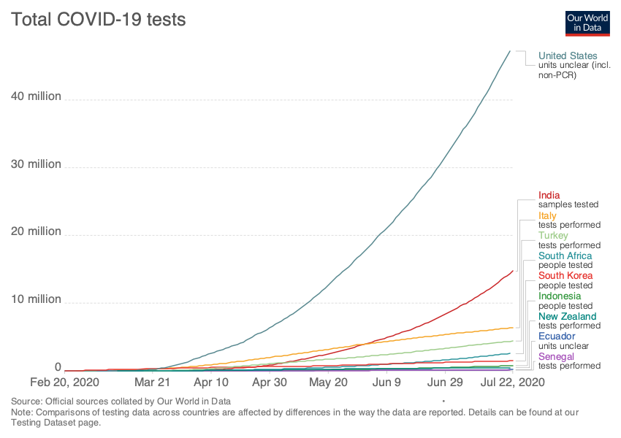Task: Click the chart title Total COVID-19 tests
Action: point(98,20)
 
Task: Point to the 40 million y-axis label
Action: point(36,96)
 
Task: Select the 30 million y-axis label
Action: point(36,164)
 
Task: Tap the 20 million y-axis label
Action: point(36,231)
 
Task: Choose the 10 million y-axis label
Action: point(36,299)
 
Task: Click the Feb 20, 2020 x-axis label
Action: point(65,382)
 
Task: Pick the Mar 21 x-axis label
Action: point(153,382)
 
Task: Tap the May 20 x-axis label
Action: point(329,382)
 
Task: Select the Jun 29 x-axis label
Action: point(445,382)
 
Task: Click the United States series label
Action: point(568,55)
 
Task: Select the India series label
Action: point(549,195)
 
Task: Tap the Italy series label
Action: point(547,215)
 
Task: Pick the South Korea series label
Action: point(565,276)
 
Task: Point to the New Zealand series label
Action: point(567,316)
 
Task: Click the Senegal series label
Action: point(555,356)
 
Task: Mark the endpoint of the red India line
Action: point(514,270)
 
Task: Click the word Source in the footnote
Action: point(25,401)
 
